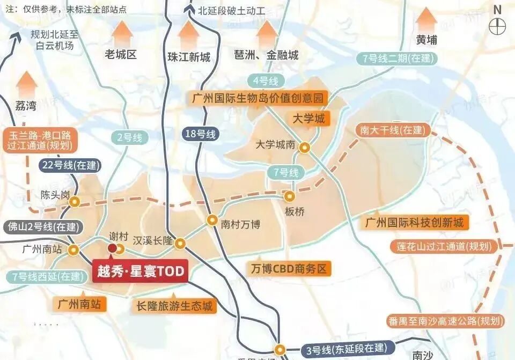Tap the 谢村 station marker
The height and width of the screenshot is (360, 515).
(x=120, y=248)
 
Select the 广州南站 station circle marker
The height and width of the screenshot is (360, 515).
(x=74, y=249)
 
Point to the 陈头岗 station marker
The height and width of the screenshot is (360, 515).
(x=75, y=202)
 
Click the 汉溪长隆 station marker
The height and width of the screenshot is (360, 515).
(x=181, y=243)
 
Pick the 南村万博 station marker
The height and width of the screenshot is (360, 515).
(x=212, y=220)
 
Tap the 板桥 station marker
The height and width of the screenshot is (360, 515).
(x=290, y=196)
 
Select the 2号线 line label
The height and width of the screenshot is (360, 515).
(x=130, y=137)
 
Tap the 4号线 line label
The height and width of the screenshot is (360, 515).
(x=266, y=82)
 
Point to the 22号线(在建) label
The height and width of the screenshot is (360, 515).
(x=69, y=166)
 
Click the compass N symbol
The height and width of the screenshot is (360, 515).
(x=498, y=21)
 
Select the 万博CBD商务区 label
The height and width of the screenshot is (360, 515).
(x=288, y=269)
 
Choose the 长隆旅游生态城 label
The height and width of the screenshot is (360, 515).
(x=175, y=306)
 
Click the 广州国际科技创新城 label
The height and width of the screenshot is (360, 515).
(x=414, y=222)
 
